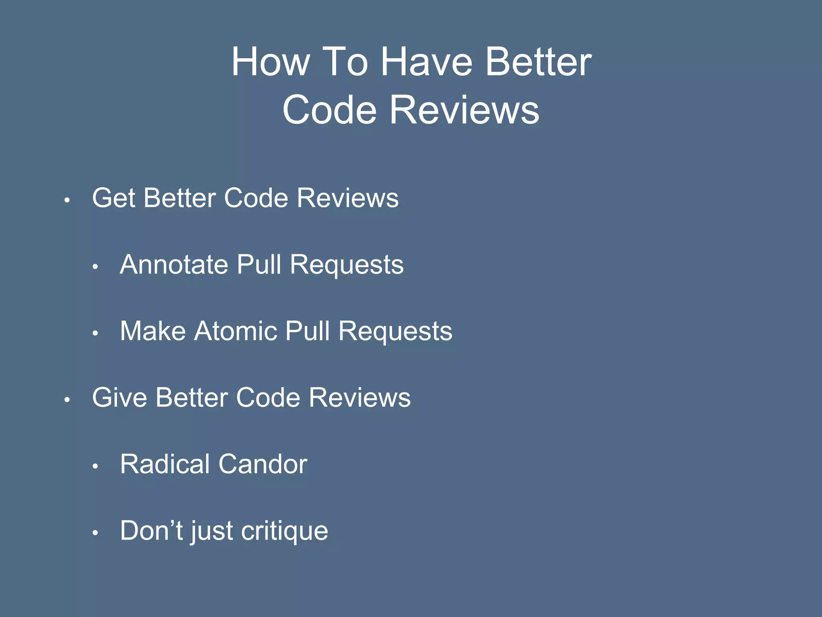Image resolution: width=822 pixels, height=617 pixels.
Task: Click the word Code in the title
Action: [x=330, y=110]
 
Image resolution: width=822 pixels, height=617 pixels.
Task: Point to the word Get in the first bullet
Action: [x=114, y=198]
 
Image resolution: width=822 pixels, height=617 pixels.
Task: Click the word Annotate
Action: [x=174, y=265]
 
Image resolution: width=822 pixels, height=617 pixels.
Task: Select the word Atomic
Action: [x=236, y=331]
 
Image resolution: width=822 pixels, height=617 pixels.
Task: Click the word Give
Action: [x=120, y=398]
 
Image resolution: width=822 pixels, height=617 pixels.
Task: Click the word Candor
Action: [x=263, y=464]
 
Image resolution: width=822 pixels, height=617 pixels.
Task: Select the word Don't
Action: [x=152, y=531]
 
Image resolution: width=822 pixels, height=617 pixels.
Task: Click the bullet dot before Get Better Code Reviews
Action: [x=67, y=200]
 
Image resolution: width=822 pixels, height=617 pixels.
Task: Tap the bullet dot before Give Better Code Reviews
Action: [x=67, y=399]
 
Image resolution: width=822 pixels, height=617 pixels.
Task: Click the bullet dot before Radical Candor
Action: [x=95, y=466]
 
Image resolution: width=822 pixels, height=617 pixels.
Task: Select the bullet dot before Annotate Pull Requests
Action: [x=95, y=266]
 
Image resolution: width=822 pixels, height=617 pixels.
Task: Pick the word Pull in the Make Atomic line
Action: [x=308, y=331]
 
